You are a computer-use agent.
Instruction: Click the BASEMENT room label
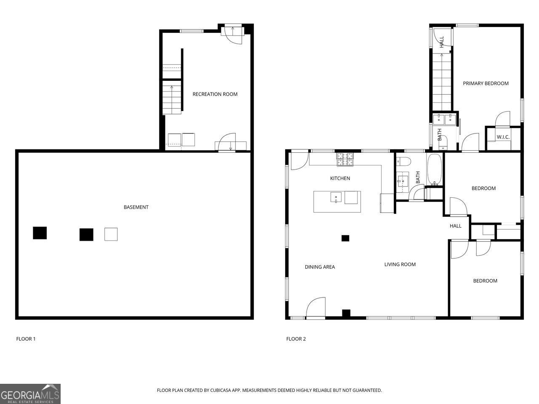tap(136, 207)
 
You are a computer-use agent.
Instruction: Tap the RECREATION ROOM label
tap(215, 94)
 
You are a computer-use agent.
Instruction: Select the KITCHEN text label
tap(340, 178)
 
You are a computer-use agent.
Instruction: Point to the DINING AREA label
tap(320, 267)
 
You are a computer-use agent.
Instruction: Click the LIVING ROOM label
tap(400, 264)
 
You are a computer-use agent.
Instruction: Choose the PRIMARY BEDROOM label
tap(486, 83)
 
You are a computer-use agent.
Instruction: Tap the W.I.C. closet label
tap(503, 137)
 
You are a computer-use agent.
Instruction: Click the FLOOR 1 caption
tap(26, 339)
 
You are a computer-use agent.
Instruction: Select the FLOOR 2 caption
tap(296, 339)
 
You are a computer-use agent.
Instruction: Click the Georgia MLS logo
tap(30, 394)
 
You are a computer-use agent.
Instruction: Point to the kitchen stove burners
tap(344, 158)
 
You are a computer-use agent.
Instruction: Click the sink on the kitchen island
tap(336, 197)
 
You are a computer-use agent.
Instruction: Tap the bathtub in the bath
tap(435, 170)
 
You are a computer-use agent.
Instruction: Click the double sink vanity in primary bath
tap(445, 119)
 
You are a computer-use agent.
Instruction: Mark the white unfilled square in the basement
tap(111, 234)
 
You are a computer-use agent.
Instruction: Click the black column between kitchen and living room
tap(345, 238)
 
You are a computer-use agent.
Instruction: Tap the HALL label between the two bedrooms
tap(455, 226)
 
